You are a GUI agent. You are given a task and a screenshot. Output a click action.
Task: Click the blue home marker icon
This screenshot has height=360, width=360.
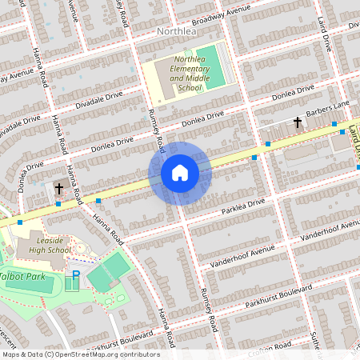click(180, 172)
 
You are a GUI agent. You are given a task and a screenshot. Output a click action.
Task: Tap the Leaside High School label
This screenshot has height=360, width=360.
click(43, 245)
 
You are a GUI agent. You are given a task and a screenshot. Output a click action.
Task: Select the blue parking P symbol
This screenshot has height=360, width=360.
click(77, 275)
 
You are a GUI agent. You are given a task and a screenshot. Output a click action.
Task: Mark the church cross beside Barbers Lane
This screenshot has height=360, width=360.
click(298, 122)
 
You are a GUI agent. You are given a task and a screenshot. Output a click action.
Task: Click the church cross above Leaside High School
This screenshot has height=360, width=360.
click(58, 189)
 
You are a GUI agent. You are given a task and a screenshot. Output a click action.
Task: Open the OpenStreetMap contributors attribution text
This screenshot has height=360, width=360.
click(80, 354)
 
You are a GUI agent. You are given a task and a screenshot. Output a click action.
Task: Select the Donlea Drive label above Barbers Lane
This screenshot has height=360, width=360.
click(292, 96)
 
